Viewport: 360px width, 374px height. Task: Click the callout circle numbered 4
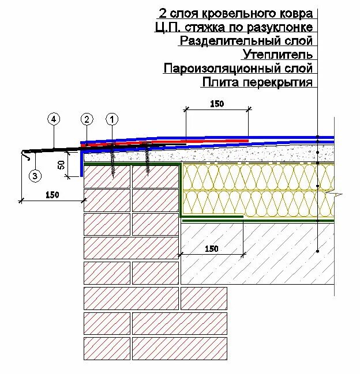click(x=53, y=119)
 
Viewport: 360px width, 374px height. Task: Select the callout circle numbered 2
click(x=87, y=119)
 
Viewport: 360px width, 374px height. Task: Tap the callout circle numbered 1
click(x=112, y=119)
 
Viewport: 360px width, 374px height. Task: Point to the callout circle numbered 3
click(x=35, y=176)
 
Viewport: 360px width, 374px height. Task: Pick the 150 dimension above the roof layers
click(x=216, y=104)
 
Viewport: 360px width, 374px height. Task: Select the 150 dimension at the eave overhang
click(x=52, y=195)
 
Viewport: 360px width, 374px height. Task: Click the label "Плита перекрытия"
click(x=257, y=82)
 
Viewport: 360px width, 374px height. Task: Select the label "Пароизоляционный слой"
click(x=238, y=69)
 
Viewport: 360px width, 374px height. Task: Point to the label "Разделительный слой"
click(x=246, y=41)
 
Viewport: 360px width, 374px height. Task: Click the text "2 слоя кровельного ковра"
click(x=235, y=13)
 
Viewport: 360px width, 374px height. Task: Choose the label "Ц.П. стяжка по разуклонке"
click(x=234, y=27)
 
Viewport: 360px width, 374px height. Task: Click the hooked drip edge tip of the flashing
click(x=23, y=154)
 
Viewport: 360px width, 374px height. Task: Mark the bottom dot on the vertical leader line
click(x=317, y=251)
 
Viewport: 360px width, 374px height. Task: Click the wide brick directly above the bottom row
click(x=108, y=323)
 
